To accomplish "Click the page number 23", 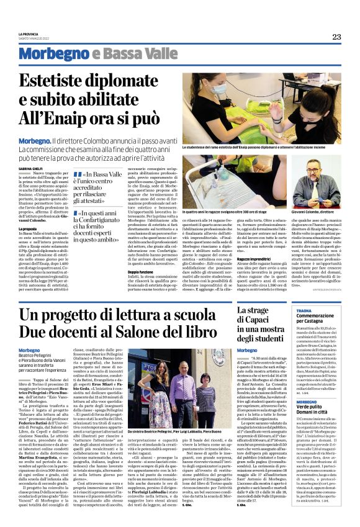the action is pos(336,37).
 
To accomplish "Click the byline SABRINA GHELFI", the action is pos(30,168).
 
